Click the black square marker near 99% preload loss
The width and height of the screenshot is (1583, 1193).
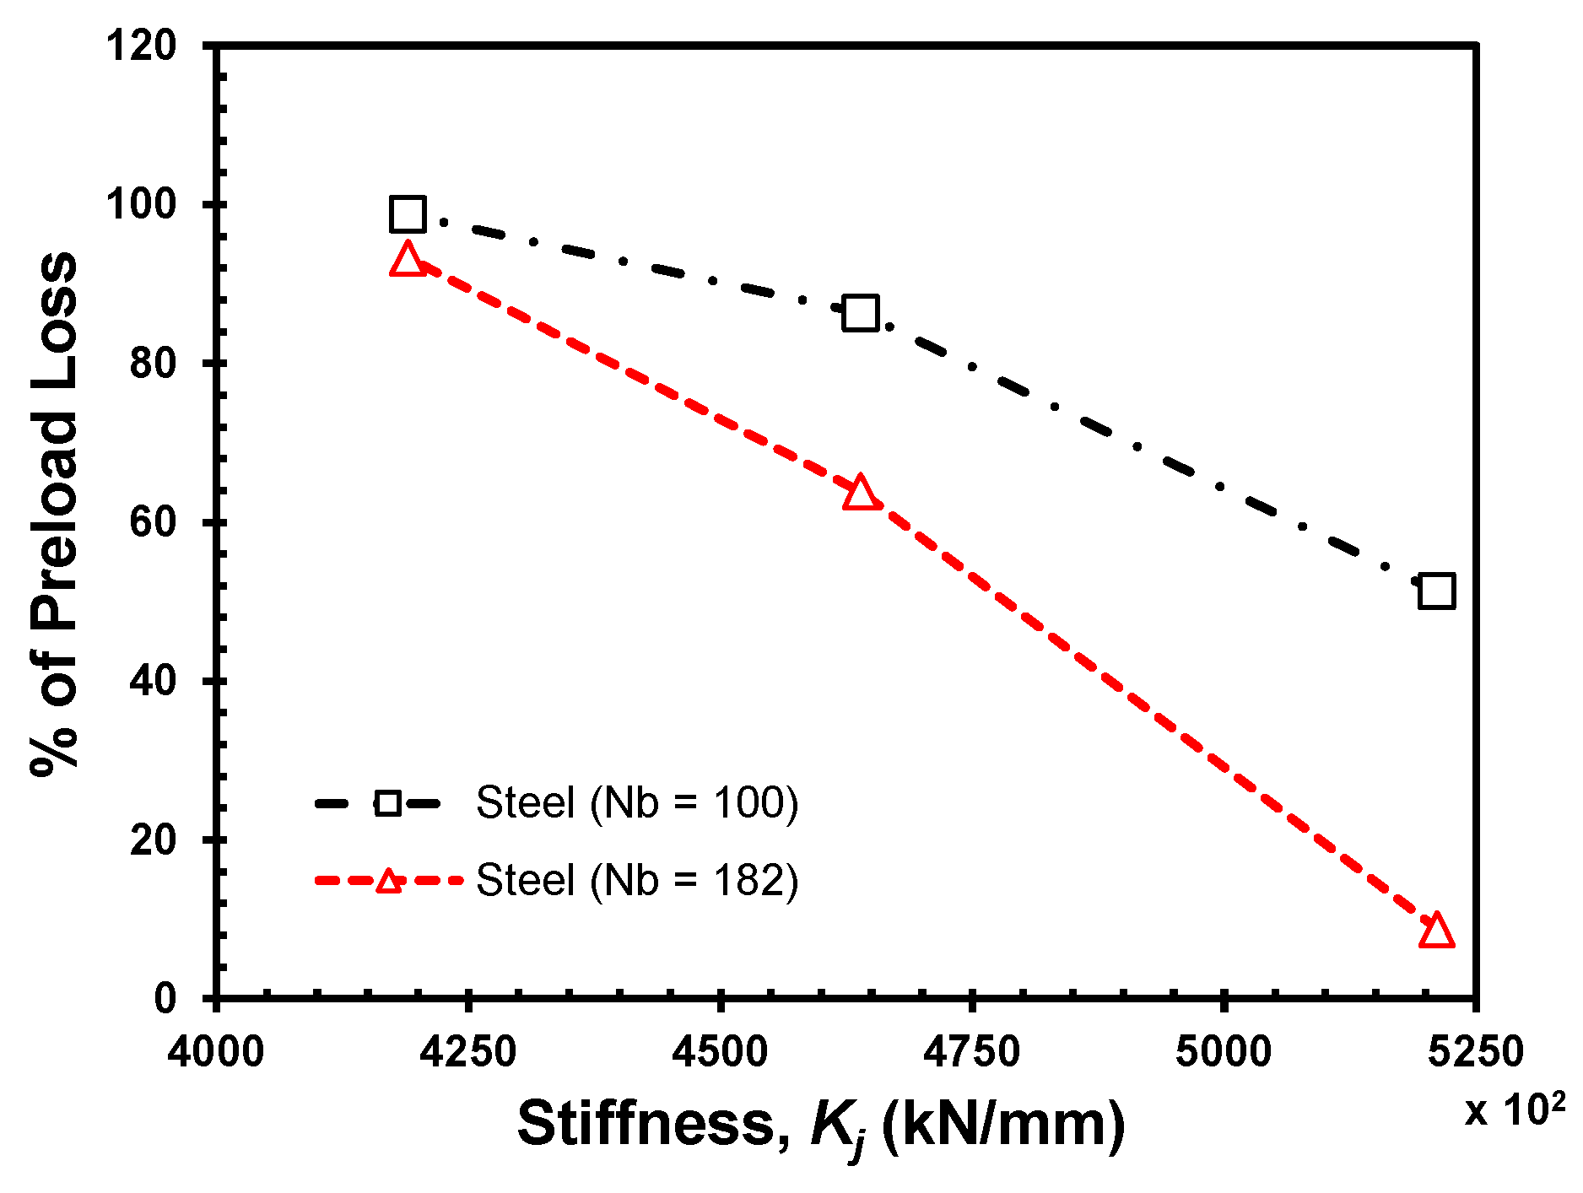(x=408, y=214)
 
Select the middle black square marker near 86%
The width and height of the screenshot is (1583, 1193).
(x=860, y=313)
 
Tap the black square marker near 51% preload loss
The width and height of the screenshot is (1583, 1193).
(x=1436, y=591)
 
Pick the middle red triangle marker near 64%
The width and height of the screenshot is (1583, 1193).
(x=860, y=493)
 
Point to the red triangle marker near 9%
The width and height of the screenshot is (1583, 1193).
(x=1436, y=931)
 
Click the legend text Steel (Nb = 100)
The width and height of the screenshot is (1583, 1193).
(x=637, y=802)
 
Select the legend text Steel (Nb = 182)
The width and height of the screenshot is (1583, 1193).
(x=637, y=880)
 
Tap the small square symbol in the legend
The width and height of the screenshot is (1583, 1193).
(x=387, y=802)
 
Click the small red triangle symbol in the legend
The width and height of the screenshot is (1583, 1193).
(x=387, y=882)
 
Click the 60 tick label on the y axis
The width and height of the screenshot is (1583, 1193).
(x=153, y=522)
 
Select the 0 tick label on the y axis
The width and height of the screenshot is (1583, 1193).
(x=165, y=999)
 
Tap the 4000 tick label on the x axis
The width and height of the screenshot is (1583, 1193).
(x=216, y=1052)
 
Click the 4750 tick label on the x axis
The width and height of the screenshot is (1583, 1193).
(x=971, y=1052)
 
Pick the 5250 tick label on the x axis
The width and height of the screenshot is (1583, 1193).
(x=1475, y=1052)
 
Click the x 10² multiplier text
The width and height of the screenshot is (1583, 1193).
(x=1514, y=1110)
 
